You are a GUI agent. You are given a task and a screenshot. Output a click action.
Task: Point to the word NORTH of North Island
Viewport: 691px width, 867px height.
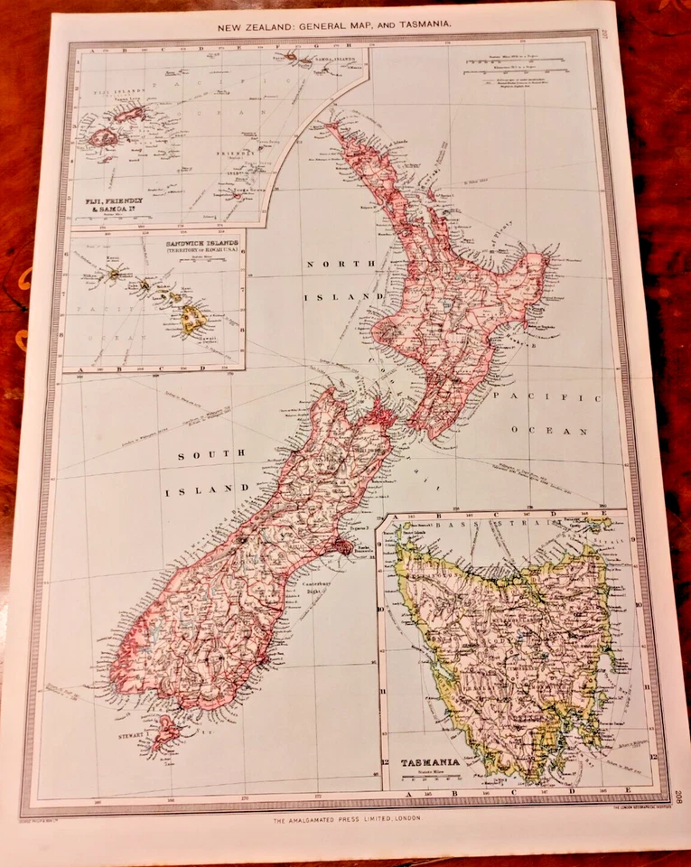click(333, 264)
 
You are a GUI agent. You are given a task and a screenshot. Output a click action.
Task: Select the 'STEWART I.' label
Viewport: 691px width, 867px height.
click(132, 736)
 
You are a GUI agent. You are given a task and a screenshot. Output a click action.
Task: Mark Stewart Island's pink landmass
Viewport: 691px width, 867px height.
click(165, 733)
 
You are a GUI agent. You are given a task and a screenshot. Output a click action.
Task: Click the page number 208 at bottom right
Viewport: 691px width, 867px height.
click(678, 797)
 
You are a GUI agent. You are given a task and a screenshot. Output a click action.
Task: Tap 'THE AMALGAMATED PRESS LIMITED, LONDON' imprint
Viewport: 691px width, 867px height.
click(346, 818)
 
